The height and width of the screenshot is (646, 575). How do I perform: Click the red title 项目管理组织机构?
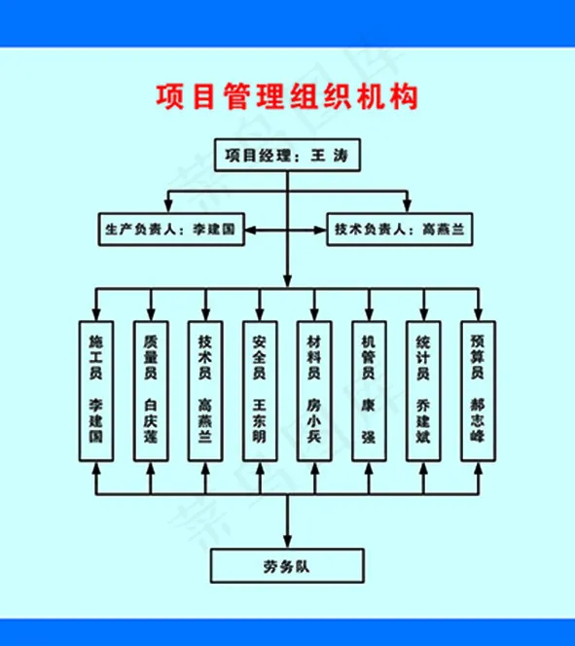(x=287, y=97)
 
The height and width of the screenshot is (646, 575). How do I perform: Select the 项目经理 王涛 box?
(x=287, y=156)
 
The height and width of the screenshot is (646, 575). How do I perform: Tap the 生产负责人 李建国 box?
(x=170, y=230)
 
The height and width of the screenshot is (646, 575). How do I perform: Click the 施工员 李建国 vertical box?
(x=95, y=388)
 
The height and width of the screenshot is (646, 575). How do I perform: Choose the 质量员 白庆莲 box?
(x=150, y=388)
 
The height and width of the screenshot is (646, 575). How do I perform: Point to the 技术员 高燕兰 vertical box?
(x=204, y=388)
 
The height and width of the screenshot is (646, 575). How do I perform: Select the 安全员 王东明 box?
(x=259, y=388)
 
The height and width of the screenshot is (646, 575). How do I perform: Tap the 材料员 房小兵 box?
(x=313, y=388)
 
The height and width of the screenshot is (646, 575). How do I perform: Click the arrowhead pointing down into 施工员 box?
(x=95, y=313)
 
